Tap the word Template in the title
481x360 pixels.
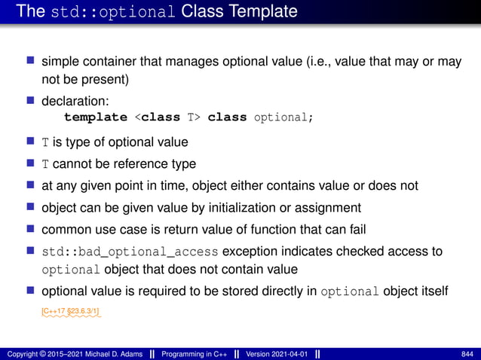(261, 12)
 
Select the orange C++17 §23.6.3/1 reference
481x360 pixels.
(72, 310)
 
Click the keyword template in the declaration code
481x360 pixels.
(96, 117)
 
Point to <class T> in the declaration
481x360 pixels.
(167, 117)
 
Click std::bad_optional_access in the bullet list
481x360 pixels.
(130, 251)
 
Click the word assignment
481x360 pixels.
(326, 207)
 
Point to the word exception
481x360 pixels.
(251, 251)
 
